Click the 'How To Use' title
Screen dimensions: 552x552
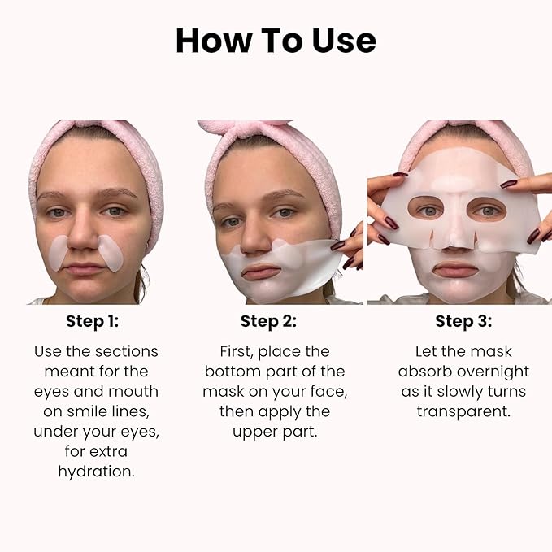tap(276, 40)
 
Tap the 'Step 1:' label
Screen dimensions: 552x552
tap(92, 321)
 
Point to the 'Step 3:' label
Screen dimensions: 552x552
tap(463, 321)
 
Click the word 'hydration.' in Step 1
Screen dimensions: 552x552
tap(96, 471)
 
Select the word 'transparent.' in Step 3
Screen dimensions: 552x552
tap(463, 411)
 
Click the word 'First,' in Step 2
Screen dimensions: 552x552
tap(240, 351)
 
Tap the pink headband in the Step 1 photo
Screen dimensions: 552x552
tap(96, 138)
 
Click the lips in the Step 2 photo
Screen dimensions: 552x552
tap(262, 270)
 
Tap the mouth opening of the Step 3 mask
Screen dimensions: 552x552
tap(455, 268)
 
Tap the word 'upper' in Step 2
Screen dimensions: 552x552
tap(250, 430)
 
